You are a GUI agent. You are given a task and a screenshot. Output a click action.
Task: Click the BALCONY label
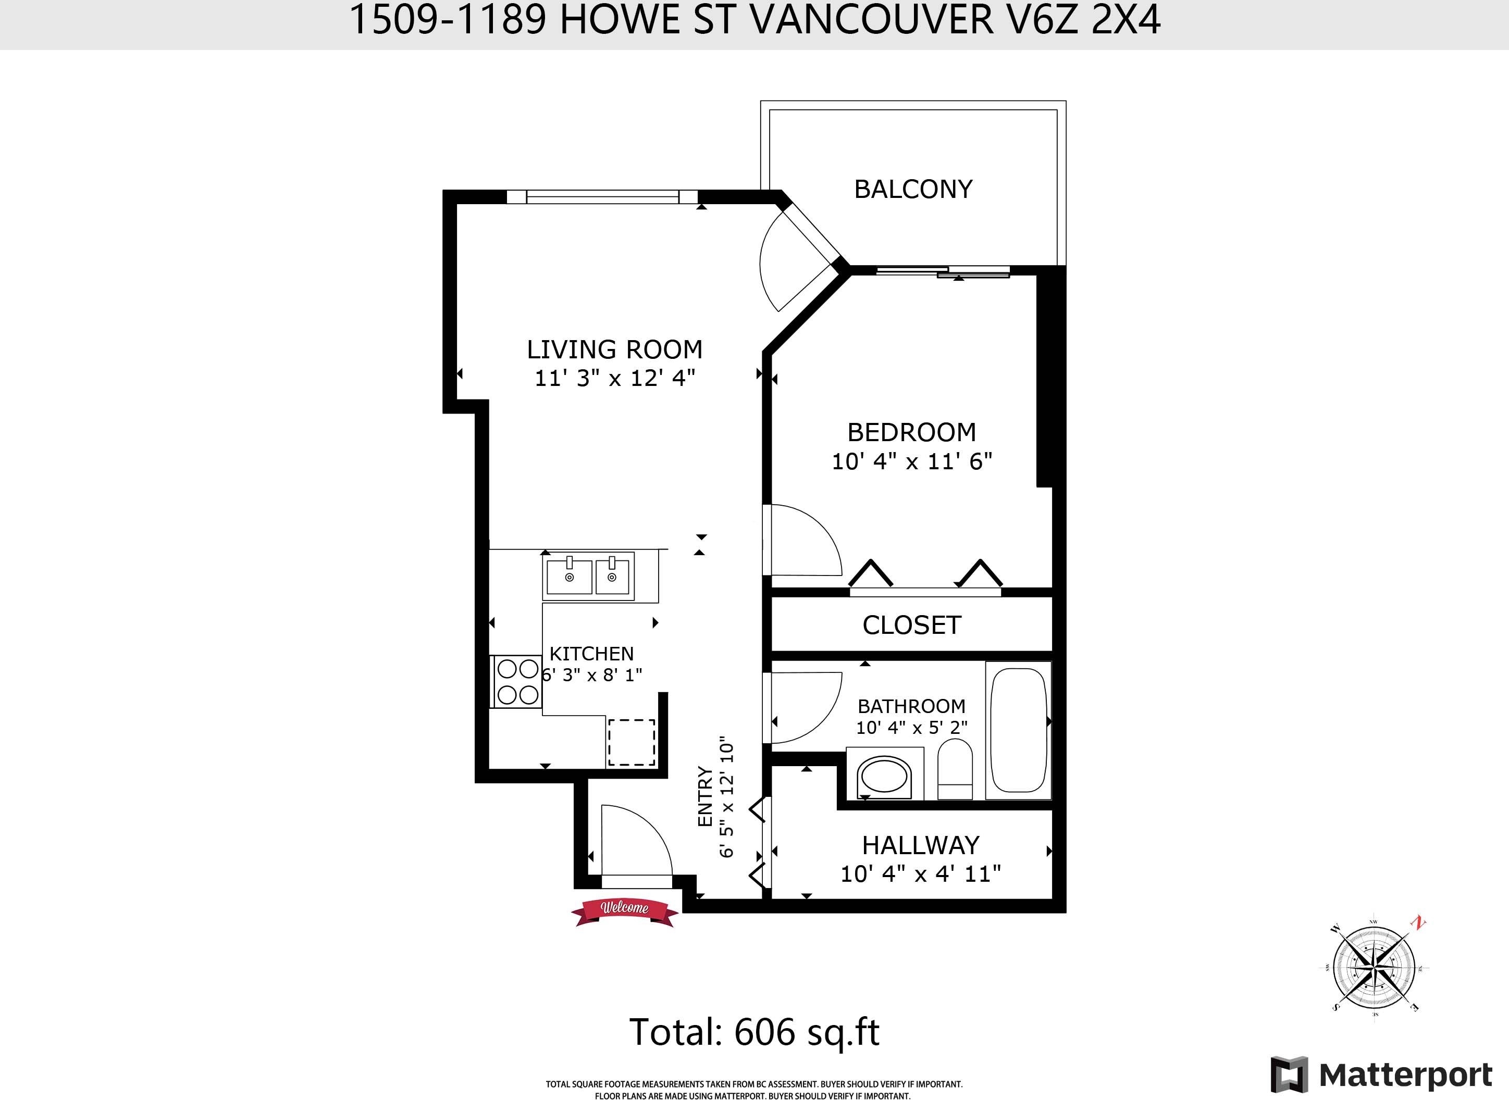pos(913,189)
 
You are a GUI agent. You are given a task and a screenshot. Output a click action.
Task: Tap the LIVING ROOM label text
pos(614,349)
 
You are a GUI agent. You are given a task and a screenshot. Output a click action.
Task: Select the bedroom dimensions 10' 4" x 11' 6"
pos(912,461)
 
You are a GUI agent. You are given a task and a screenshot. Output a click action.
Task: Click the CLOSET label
pos(911,624)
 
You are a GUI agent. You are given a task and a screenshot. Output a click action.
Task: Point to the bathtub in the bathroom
pos(1018,730)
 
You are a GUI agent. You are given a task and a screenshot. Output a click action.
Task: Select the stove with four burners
pos(517,682)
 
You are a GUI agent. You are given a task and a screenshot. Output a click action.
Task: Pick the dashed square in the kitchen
pos(631,742)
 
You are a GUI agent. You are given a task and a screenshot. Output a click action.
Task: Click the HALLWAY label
pos(921,845)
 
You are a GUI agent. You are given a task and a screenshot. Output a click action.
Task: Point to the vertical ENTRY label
pos(705,797)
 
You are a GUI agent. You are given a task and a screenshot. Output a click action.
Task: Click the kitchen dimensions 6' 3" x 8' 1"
pos(591,674)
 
